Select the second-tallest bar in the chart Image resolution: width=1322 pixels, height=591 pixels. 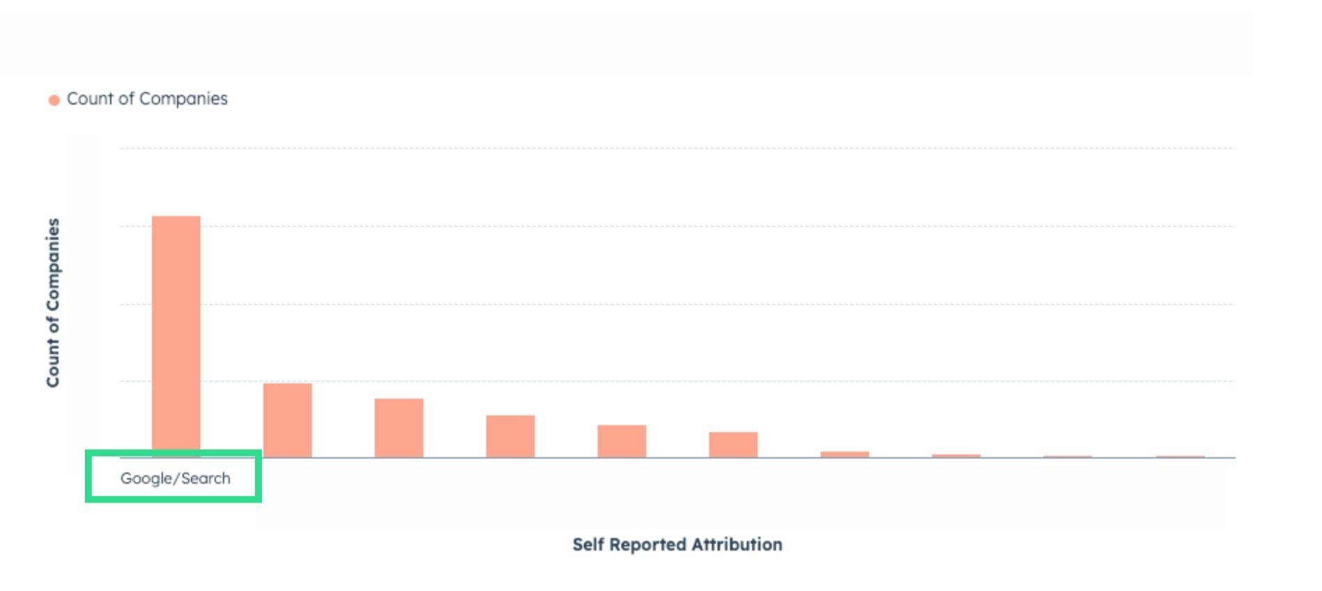288,420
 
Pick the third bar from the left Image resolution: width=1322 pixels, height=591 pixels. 399,428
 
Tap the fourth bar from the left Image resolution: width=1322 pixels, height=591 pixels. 511,436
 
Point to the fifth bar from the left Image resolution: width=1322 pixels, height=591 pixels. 622,441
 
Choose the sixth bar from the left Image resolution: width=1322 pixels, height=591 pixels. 733,445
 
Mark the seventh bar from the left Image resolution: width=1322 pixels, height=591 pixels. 845,454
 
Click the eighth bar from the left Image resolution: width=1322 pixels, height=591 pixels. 956,456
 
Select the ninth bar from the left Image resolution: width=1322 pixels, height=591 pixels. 1068,456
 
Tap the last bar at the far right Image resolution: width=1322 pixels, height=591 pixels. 1181,456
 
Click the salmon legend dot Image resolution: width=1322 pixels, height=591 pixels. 54,100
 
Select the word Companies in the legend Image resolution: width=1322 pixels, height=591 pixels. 183,99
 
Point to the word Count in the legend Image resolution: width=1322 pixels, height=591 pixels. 91,99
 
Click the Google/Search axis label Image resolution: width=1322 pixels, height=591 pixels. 176,478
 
